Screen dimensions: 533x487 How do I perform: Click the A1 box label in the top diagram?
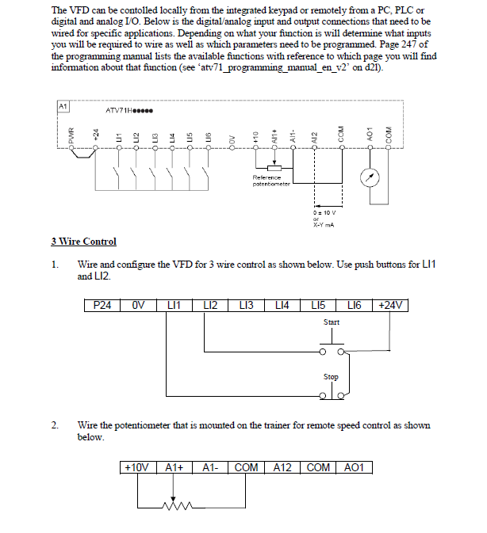(x=63, y=105)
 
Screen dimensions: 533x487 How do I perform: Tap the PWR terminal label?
(x=71, y=136)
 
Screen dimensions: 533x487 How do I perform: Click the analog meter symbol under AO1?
(x=368, y=177)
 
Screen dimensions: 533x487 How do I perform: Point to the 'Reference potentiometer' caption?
(x=271, y=181)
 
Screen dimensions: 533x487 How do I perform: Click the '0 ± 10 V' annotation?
(x=324, y=212)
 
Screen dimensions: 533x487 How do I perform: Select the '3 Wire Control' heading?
(x=83, y=242)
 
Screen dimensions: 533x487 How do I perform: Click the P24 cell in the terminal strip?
(x=102, y=305)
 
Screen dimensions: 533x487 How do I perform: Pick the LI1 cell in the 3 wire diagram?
(x=174, y=305)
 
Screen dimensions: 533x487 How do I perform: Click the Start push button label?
(x=332, y=322)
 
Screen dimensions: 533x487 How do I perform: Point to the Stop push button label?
(x=332, y=377)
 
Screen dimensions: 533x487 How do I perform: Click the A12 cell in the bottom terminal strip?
(x=282, y=468)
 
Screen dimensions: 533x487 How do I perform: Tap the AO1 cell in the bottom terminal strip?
(x=354, y=468)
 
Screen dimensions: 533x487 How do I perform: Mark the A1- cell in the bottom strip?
(x=210, y=468)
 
